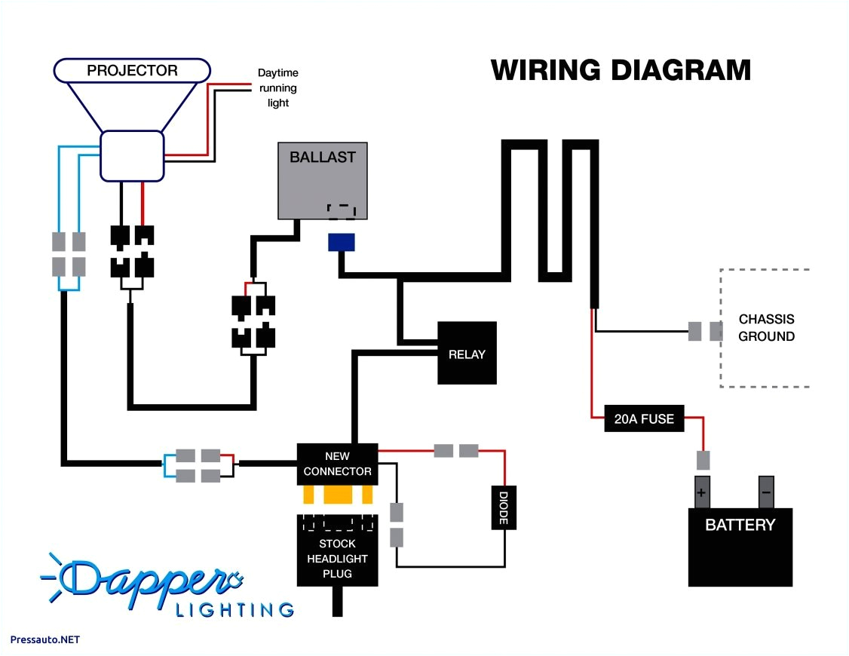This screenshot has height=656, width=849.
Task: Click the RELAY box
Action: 467,353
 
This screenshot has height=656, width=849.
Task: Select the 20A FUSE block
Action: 644,418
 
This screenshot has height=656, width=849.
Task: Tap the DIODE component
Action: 504,507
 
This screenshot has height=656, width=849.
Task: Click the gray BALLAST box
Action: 323,181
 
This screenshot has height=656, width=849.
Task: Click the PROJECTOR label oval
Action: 132,71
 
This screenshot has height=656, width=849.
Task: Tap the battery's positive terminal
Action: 702,492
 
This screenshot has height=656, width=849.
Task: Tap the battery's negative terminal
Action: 766,492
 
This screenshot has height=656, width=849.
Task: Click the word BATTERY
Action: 740,525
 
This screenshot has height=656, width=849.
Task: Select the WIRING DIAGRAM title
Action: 621,70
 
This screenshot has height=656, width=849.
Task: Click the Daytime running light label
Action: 277,87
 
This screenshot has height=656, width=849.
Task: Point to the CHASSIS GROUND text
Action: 766,328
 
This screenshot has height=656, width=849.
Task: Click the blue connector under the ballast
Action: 342,241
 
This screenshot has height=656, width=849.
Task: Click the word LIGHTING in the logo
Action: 234,608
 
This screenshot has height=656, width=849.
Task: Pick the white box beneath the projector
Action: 133,156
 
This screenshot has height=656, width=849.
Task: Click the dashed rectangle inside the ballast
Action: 342,210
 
